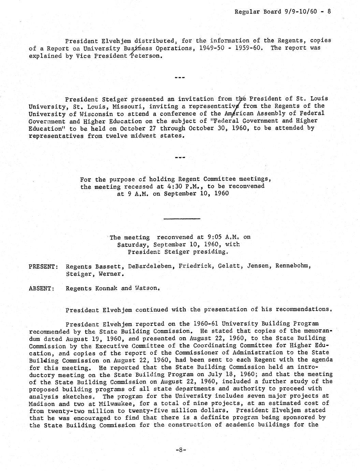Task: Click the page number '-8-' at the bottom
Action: click(180, 450)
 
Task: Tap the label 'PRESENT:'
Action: click(43, 266)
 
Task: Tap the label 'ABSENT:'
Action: click(41, 288)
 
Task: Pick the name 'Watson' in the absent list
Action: click(147, 288)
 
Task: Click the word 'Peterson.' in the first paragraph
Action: click(145, 56)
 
